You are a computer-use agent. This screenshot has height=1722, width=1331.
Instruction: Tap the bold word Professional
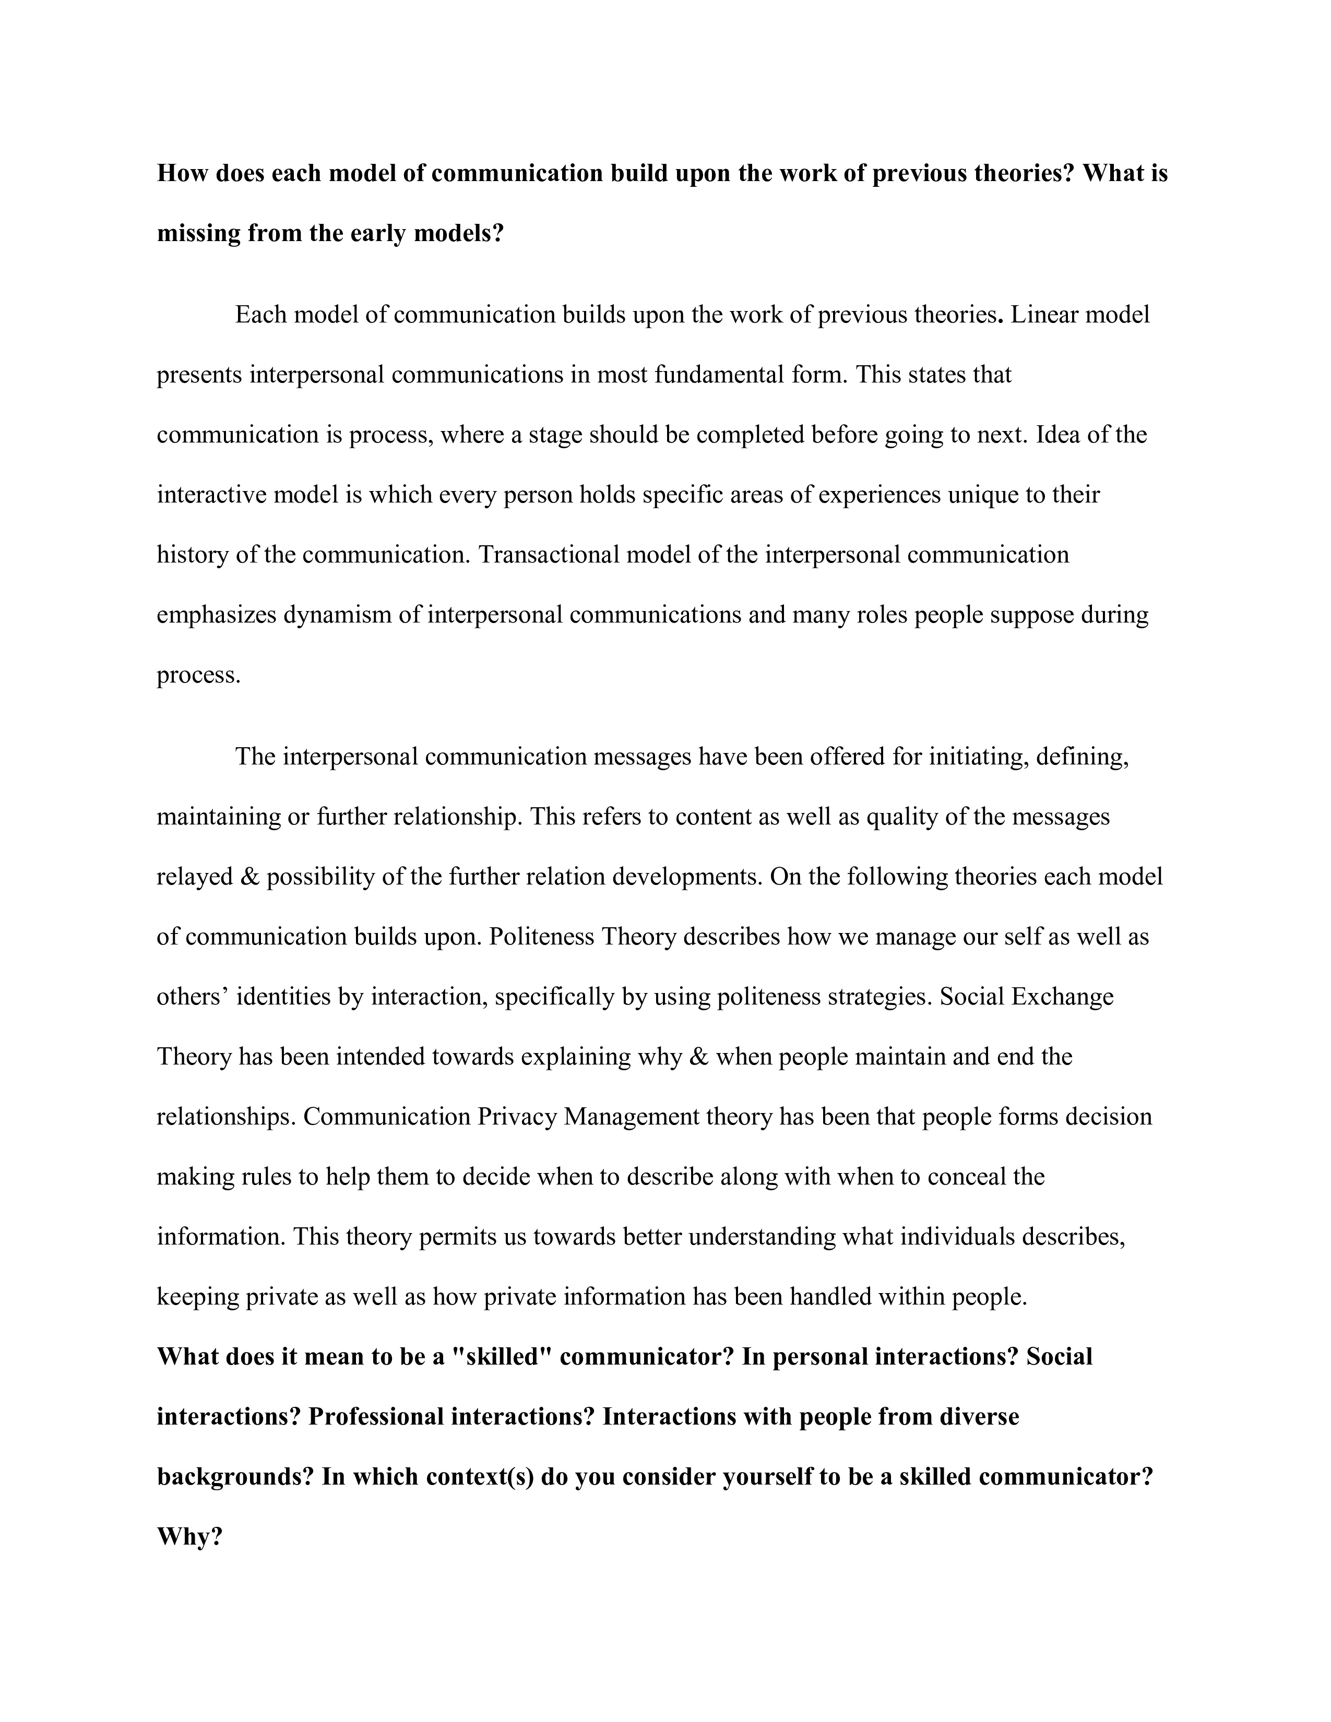click(x=372, y=1417)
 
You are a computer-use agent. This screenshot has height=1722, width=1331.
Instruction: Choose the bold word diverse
click(x=979, y=1417)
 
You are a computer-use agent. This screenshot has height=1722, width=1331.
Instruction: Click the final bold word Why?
click(x=190, y=1537)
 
